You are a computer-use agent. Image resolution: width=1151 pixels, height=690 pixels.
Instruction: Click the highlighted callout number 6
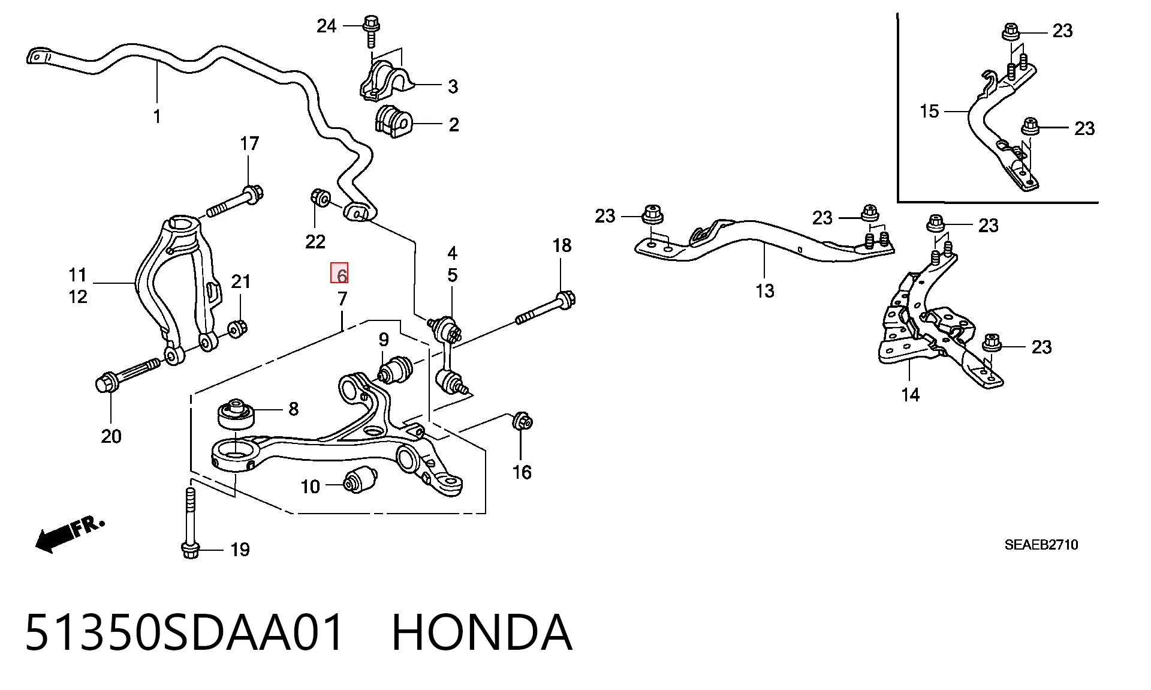(x=339, y=273)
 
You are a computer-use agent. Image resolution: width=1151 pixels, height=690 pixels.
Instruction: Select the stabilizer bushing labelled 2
(x=393, y=121)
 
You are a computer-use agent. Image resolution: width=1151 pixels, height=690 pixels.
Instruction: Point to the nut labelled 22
(x=320, y=197)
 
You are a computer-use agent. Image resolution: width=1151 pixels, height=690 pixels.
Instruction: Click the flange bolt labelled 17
(x=236, y=202)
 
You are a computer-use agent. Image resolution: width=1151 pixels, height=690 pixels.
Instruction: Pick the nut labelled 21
(x=238, y=329)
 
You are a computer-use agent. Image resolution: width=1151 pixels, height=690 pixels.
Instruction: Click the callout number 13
(x=765, y=291)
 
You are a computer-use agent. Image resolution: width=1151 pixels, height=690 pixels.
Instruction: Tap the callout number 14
(x=910, y=394)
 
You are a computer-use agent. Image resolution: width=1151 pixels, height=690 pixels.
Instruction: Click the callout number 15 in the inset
(x=929, y=111)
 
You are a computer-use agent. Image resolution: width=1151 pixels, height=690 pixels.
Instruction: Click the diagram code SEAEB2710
(x=1041, y=545)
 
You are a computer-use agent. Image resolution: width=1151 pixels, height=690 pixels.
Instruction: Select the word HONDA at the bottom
(x=482, y=632)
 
